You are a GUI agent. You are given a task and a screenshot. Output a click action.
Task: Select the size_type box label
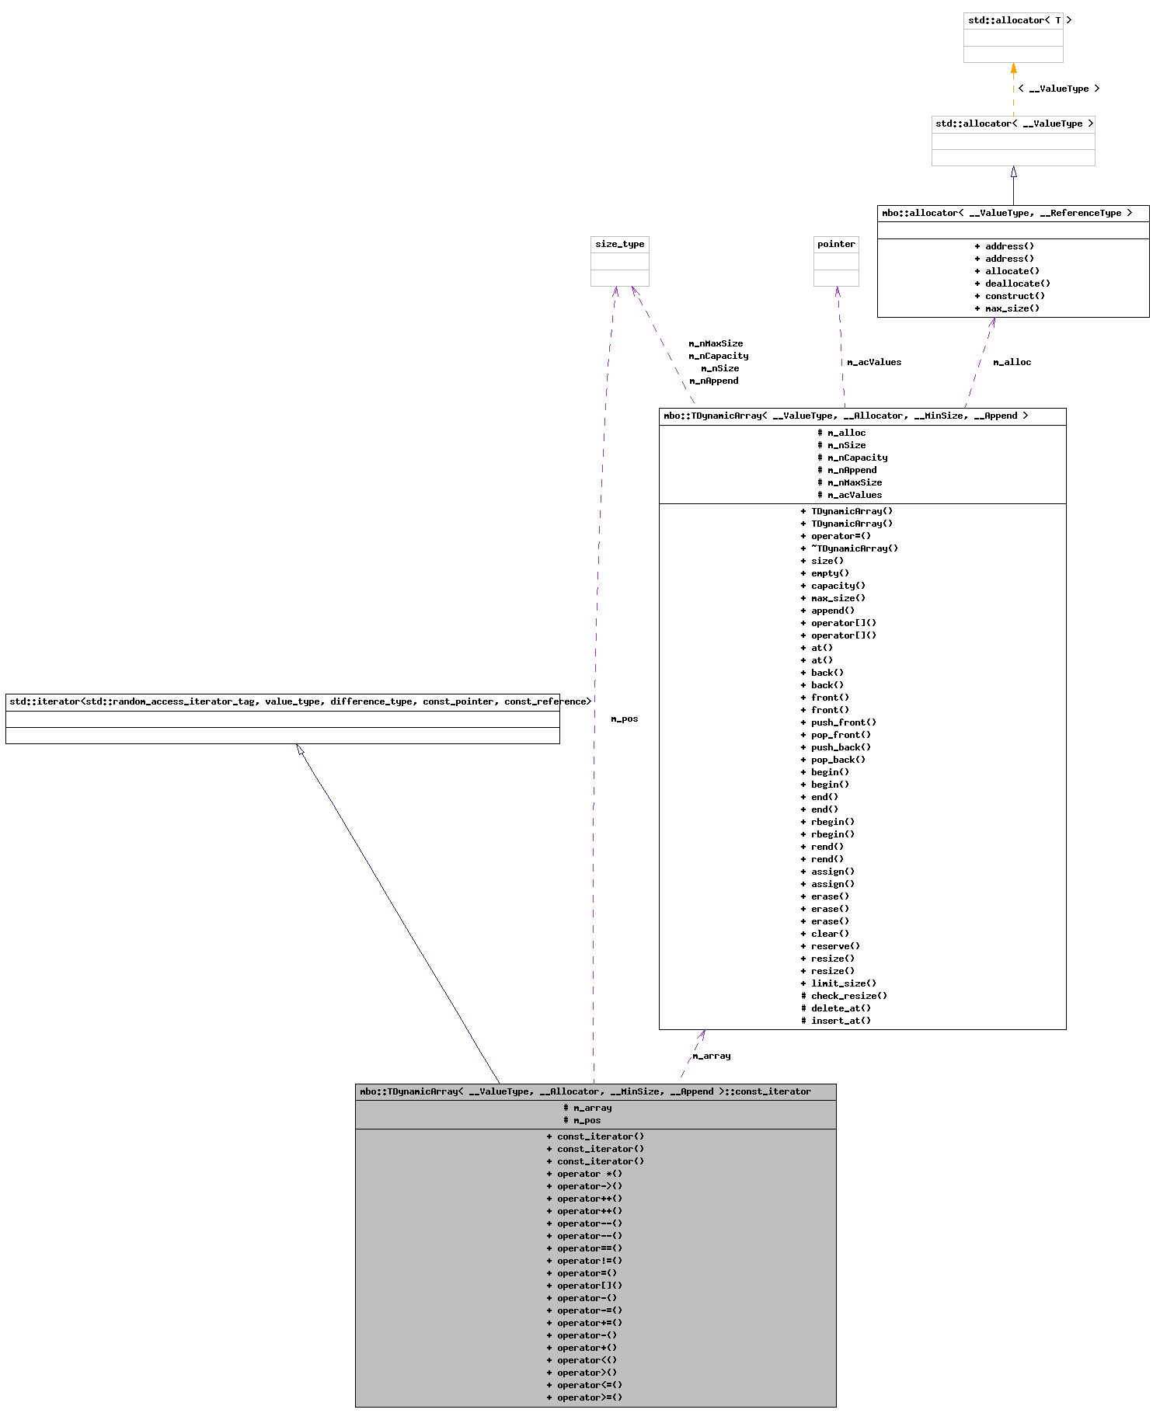pyautogui.click(x=619, y=244)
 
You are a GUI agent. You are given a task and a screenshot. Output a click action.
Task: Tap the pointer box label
pyautogui.click(x=836, y=244)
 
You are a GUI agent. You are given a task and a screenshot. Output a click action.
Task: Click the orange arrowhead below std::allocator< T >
pyautogui.click(x=1013, y=69)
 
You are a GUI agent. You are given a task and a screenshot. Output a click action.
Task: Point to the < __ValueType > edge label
pyautogui.click(x=1058, y=89)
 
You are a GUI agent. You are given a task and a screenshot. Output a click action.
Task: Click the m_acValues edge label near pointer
pyautogui.click(x=874, y=362)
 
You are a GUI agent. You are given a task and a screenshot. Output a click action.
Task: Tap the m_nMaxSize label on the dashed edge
pyautogui.click(x=716, y=343)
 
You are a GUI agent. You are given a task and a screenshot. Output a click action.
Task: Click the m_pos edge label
pyautogui.click(x=624, y=719)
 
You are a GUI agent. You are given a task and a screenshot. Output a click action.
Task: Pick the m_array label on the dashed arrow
pyautogui.click(x=711, y=1056)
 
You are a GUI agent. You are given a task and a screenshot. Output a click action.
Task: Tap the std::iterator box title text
pyautogui.click(x=300, y=701)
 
